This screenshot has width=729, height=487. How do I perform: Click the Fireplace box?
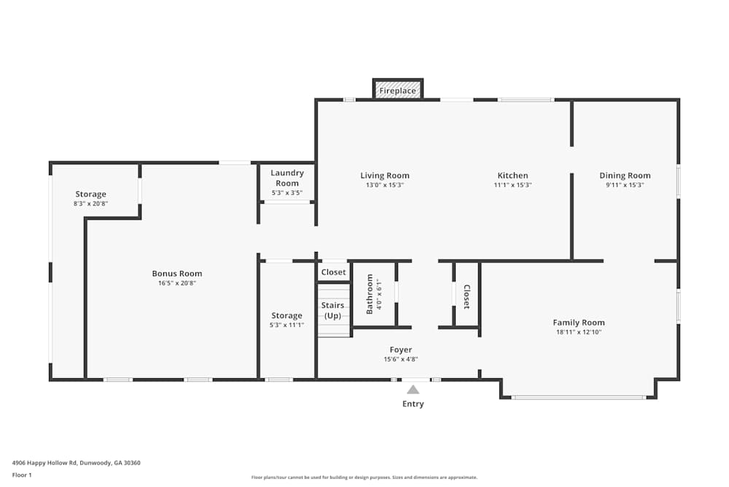coord(397,89)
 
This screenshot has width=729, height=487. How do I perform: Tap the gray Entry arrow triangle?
coord(413,390)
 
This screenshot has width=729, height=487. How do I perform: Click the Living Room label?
coord(385,175)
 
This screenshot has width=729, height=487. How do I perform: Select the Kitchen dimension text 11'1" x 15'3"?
coord(512,185)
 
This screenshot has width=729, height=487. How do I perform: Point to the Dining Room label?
coord(625,175)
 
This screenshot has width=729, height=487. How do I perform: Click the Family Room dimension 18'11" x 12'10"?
coord(579,332)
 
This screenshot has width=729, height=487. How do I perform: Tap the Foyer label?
coord(401,350)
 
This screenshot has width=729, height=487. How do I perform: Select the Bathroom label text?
coord(370,294)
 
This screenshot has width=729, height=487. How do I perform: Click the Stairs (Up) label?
coord(332,310)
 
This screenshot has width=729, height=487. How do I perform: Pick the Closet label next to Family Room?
coord(467,297)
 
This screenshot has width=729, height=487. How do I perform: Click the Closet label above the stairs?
coord(333,272)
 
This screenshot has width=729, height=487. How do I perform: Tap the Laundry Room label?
coord(287,178)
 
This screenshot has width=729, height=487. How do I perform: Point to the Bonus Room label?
coord(177,274)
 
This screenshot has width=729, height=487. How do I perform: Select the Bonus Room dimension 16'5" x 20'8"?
coord(177,283)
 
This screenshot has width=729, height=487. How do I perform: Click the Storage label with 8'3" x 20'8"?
coord(90,194)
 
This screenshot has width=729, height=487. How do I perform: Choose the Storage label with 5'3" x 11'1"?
coord(286,315)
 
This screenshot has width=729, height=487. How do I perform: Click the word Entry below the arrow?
coord(413,404)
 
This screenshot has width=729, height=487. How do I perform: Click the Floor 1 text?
coord(22,475)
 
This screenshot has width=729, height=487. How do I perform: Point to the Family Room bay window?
coord(579,397)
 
